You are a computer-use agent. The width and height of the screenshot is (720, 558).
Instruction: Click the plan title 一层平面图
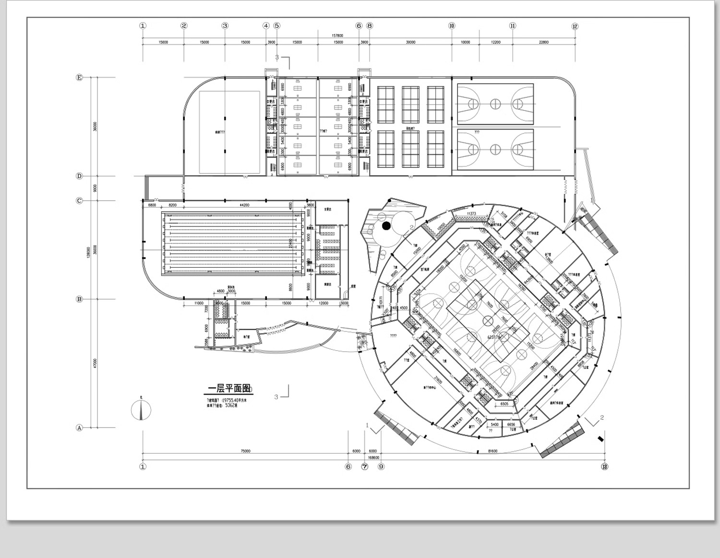click(229, 388)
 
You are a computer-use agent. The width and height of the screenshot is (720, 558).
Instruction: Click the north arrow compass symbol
click(141, 410)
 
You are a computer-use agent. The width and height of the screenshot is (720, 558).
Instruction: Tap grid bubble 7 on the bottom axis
click(365, 466)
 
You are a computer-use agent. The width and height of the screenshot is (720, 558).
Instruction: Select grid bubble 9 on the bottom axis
click(381, 466)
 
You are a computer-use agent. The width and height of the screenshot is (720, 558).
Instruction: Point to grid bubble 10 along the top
click(452, 26)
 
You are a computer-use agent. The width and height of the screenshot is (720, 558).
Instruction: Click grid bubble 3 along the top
click(225, 26)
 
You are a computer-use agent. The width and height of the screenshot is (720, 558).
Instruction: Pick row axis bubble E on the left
click(80, 77)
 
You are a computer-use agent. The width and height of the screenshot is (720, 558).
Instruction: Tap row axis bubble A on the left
click(80, 427)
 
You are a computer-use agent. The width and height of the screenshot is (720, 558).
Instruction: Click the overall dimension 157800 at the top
click(337, 36)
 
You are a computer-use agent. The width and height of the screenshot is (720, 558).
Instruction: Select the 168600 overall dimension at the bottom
click(373, 458)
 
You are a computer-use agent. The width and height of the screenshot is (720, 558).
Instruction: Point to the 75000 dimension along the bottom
click(245, 451)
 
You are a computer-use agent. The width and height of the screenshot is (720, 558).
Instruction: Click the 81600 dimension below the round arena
click(492, 451)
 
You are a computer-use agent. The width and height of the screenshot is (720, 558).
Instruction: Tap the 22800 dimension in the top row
click(543, 42)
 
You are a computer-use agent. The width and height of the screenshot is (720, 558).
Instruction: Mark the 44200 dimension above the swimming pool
click(244, 205)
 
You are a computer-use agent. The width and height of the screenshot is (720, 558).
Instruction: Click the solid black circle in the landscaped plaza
click(386, 225)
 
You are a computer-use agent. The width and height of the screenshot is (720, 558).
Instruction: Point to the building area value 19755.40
click(234, 400)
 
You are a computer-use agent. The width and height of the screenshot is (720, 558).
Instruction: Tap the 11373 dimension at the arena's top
click(471, 214)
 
